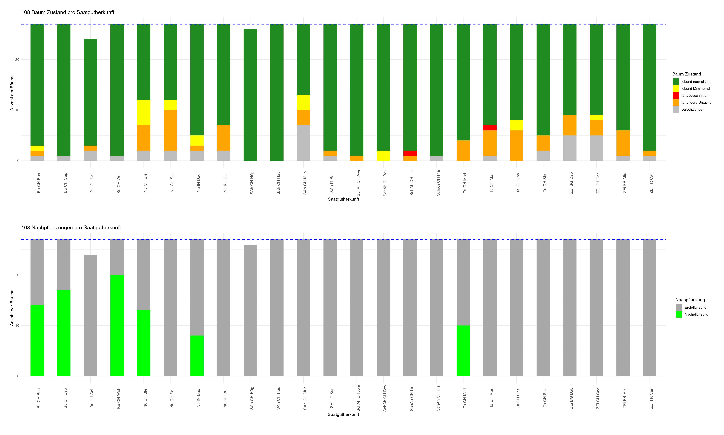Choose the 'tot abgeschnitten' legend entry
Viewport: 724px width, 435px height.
pos(694,96)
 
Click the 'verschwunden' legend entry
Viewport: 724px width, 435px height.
pos(692,110)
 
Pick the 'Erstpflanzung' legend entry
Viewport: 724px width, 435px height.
pos(695,307)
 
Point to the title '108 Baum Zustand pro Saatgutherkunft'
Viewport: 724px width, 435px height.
pos(68,12)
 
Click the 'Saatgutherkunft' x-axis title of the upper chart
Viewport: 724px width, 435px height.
pos(343,199)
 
